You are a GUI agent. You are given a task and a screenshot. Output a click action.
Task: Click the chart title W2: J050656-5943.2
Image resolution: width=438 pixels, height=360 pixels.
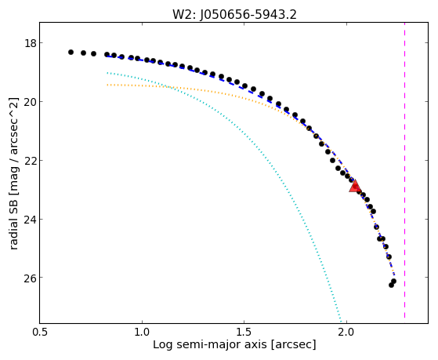click(x=234, y=14)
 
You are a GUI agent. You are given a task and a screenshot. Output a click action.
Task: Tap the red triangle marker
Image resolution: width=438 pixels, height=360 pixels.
click(x=355, y=187)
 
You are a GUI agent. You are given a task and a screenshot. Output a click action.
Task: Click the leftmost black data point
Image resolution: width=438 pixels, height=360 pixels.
click(x=71, y=52)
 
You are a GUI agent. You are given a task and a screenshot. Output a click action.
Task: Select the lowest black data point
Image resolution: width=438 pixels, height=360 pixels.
click(x=391, y=285)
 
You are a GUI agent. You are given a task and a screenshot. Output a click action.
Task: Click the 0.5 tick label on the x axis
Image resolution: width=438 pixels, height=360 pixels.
click(x=40, y=332)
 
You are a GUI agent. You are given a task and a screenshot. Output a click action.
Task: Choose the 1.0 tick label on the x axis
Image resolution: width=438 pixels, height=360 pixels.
click(x=142, y=332)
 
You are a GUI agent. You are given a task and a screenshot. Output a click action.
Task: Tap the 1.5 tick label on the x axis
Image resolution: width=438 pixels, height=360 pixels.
click(x=244, y=332)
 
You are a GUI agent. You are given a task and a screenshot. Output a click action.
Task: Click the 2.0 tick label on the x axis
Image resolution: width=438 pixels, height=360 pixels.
click(x=346, y=332)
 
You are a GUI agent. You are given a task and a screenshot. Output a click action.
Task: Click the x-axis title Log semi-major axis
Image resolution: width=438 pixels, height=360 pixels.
click(x=210, y=344)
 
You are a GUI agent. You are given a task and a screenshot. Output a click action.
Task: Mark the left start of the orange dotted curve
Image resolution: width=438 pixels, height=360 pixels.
click(x=107, y=85)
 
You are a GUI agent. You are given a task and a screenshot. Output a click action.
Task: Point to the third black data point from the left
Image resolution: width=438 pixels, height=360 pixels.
click(x=93, y=53)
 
